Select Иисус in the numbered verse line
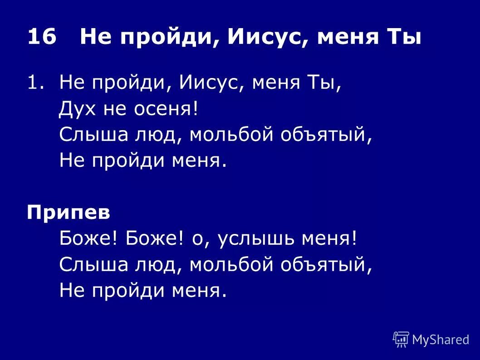tap(211, 83)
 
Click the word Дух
tap(76, 109)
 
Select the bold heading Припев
tap(69, 213)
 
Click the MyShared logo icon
tap(401, 339)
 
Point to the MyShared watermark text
tap(441, 339)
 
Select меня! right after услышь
tap(333, 239)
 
